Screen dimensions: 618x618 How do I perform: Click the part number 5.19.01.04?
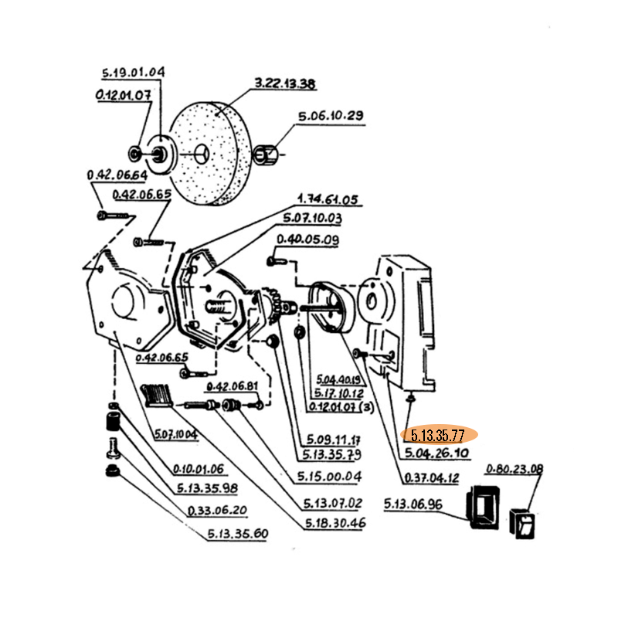coord(133,73)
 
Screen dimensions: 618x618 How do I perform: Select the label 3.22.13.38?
coord(284,84)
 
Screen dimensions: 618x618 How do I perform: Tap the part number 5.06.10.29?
coord(331,116)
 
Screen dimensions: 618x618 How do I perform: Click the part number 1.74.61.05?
coord(328,200)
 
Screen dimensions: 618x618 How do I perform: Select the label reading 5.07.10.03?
coord(312,218)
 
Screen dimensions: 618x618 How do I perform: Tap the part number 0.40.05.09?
coord(307,240)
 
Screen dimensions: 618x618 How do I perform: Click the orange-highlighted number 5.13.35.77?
coord(438,434)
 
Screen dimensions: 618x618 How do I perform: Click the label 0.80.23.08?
coord(514,469)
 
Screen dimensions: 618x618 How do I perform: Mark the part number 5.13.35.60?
coord(237,534)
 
